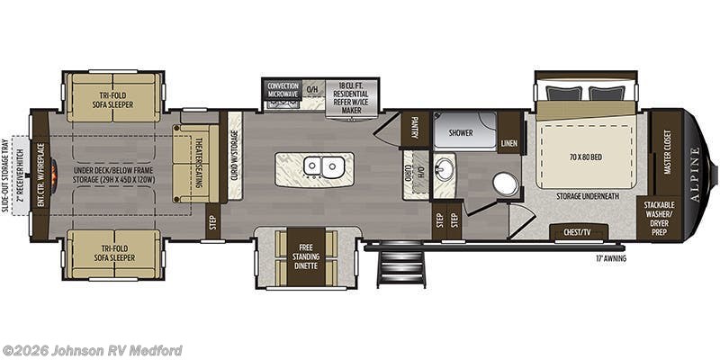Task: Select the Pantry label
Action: pyautogui.click(x=416, y=129)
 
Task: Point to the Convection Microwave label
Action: pyautogui.click(x=283, y=89)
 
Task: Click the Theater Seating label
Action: pyautogui.click(x=200, y=164)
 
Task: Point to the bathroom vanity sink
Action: pyautogui.click(x=444, y=169)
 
